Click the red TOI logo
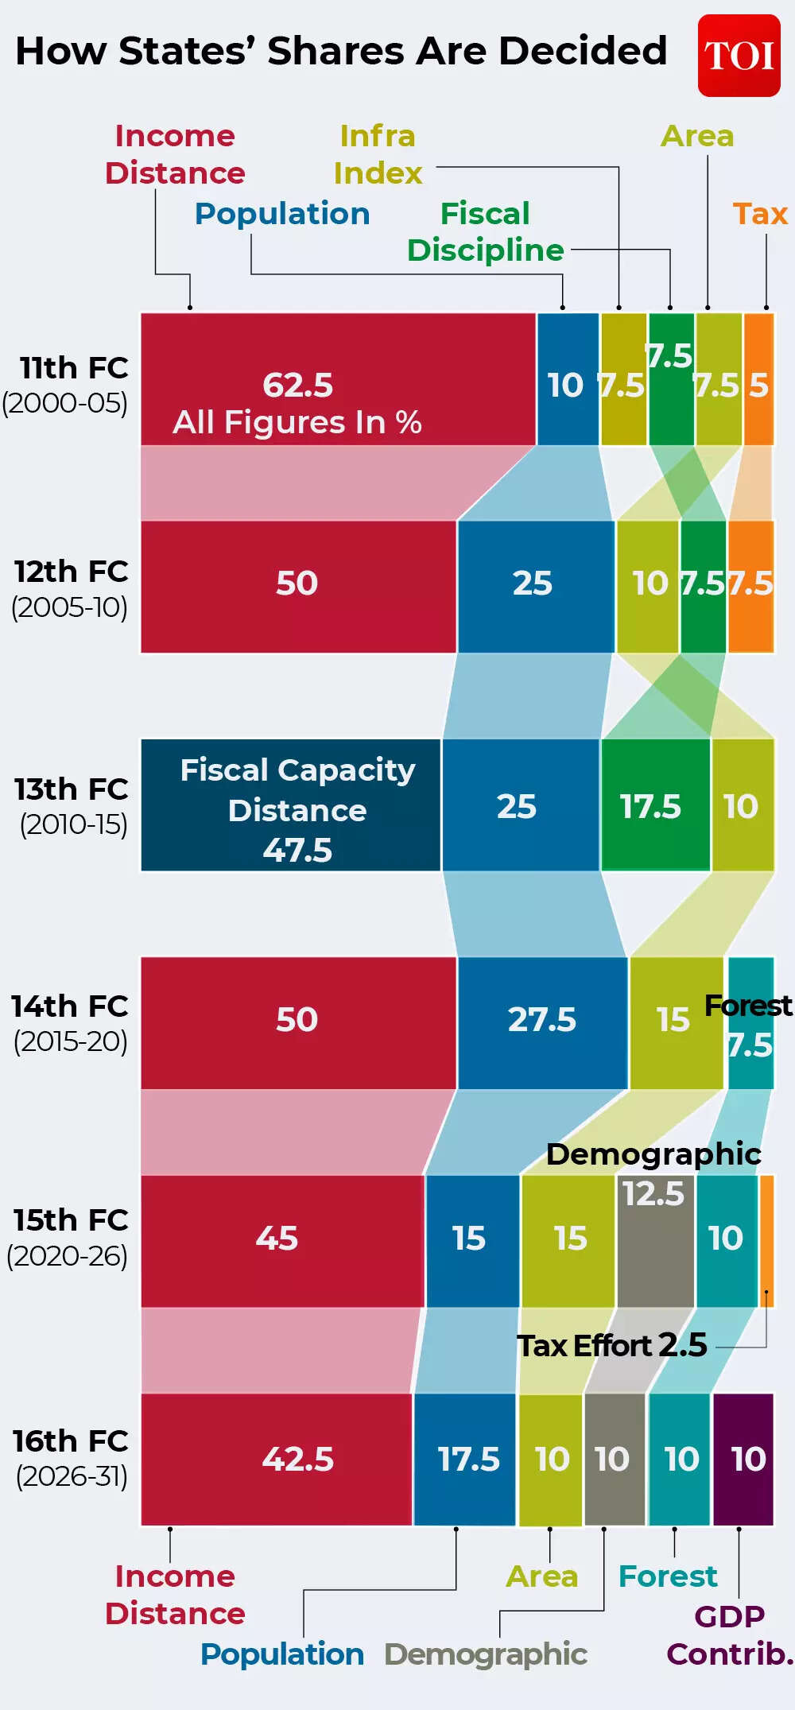(739, 56)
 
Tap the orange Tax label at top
(760, 214)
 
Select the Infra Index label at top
(378, 155)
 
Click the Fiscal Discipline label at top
(485, 232)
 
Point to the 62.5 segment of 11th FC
(338, 379)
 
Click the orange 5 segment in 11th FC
(758, 380)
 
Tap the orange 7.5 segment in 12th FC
(750, 587)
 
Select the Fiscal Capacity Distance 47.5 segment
(291, 805)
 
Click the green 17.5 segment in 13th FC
(655, 805)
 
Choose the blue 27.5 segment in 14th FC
(542, 1022)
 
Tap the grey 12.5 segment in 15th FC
(655, 1240)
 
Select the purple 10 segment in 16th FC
(743, 1459)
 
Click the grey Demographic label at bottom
(485, 1654)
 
